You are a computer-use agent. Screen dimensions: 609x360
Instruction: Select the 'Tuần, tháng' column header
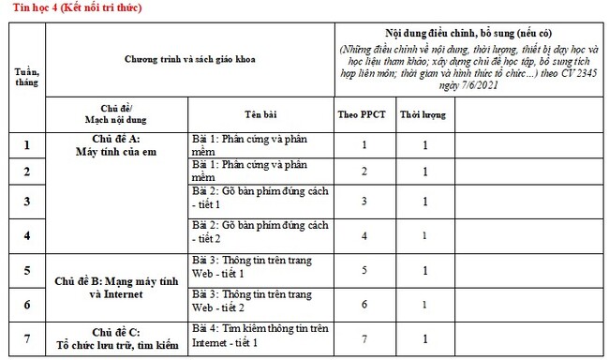(x=26, y=75)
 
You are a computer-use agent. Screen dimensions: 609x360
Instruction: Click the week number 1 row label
(x=26, y=145)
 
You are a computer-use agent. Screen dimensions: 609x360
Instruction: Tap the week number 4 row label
(x=26, y=234)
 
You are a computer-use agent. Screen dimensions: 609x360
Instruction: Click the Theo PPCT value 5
(x=364, y=271)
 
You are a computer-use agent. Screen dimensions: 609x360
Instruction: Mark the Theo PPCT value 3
(x=364, y=202)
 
